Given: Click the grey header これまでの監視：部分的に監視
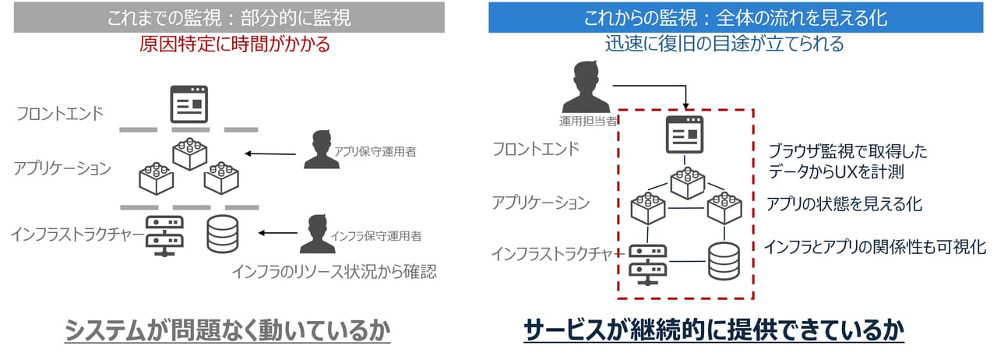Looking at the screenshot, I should click(229, 16).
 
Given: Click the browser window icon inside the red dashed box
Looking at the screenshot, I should click(684, 133).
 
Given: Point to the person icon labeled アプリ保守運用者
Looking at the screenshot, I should click(322, 150).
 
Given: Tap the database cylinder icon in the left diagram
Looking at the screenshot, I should click(224, 234).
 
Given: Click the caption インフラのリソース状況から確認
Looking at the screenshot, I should click(333, 272).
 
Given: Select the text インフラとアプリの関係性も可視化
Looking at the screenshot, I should click(875, 247).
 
